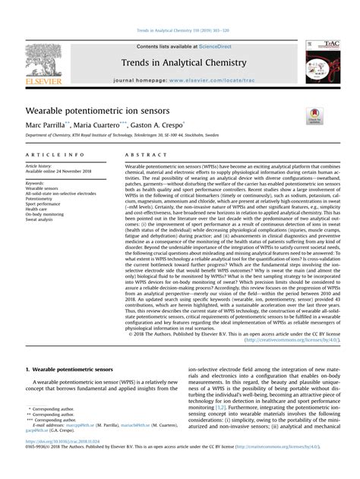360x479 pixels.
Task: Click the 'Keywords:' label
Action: coord(35,183)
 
